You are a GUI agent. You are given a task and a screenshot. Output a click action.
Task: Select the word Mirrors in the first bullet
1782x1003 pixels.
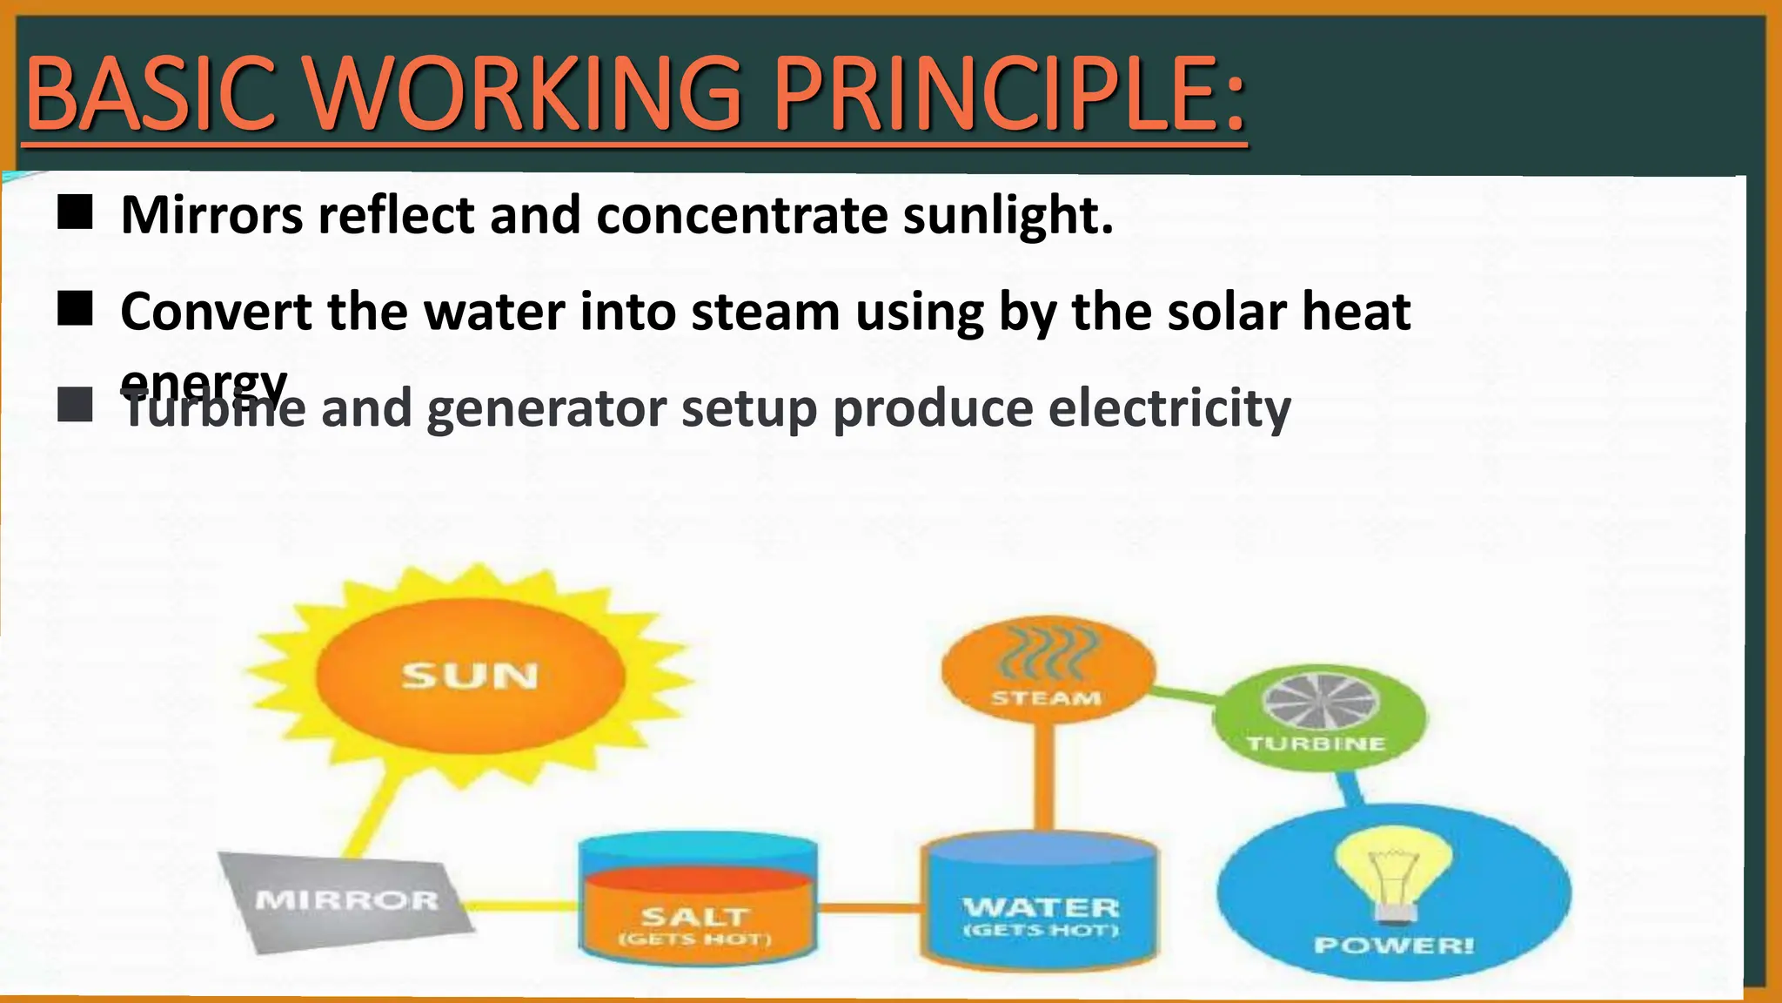coord(211,215)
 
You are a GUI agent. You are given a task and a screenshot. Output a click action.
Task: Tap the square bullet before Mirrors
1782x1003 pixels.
coord(75,212)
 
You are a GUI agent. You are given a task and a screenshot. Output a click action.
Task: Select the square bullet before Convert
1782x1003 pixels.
coord(75,308)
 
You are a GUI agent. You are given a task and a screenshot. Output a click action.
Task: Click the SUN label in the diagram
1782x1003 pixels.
coord(470,677)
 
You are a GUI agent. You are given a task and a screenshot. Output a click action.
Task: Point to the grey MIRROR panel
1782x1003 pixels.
coord(346,900)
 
